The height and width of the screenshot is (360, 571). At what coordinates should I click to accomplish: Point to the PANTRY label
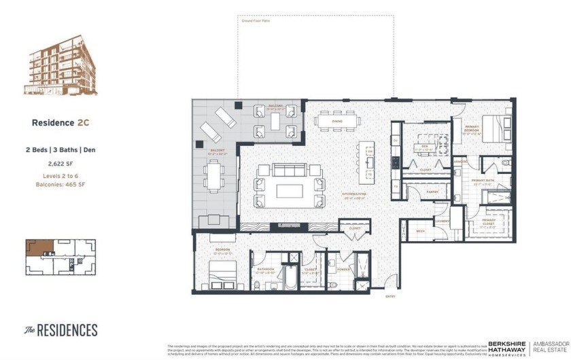tap(431, 192)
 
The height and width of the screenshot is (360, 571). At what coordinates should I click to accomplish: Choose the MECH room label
tap(421, 231)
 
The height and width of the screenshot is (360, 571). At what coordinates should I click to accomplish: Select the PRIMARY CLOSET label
tap(488, 221)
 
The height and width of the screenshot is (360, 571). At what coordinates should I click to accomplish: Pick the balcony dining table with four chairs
tap(214, 176)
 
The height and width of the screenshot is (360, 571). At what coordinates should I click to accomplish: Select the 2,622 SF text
tap(60, 164)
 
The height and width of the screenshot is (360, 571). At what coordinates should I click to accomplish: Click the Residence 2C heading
tap(60, 123)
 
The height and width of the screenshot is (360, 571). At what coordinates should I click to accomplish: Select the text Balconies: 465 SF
tap(60, 184)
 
